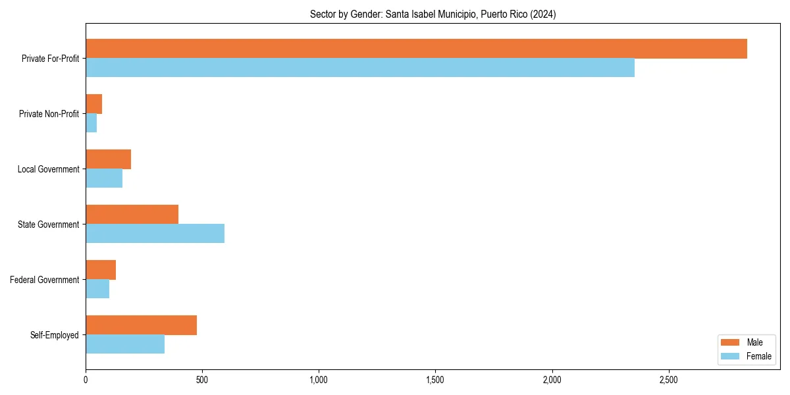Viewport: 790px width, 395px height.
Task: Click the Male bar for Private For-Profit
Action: (x=416, y=49)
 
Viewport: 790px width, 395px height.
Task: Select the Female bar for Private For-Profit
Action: (x=360, y=68)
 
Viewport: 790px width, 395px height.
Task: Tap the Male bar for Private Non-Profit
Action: (x=93, y=104)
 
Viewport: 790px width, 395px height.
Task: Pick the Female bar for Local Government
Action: (x=104, y=178)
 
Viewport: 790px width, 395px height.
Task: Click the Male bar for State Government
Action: (x=132, y=215)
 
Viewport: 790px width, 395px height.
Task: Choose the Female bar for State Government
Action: (x=155, y=234)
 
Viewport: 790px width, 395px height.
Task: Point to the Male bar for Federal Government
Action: (x=101, y=270)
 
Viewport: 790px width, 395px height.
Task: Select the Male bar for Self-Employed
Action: (x=141, y=325)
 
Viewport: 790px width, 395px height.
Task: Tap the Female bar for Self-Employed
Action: (x=125, y=344)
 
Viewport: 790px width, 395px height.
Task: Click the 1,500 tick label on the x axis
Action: (x=435, y=380)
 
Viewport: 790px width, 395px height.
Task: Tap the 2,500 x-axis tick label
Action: (x=669, y=380)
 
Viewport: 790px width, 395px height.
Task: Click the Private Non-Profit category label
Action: (x=49, y=114)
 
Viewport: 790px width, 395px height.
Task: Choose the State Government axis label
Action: (x=48, y=224)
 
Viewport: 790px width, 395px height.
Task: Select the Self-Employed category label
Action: (x=54, y=335)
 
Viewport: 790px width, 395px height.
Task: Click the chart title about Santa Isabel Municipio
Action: (x=433, y=14)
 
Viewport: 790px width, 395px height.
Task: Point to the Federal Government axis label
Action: (x=44, y=280)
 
